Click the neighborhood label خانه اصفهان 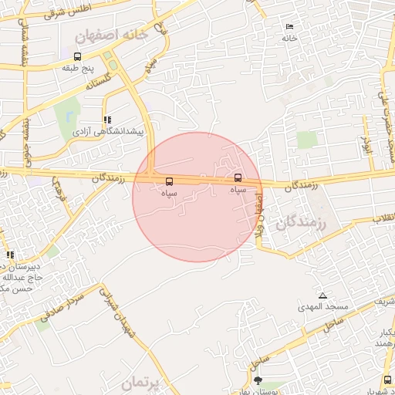click(x=109, y=35)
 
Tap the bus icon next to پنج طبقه click(x=77, y=56)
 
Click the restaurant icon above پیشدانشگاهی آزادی click(x=107, y=120)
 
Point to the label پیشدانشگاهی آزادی click(x=108, y=132)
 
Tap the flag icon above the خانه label click(x=289, y=25)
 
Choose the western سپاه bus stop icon click(x=169, y=182)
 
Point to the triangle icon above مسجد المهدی click(x=322, y=295)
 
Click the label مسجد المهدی click(x=324, y=307)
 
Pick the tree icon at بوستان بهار click(x=258, y=380)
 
